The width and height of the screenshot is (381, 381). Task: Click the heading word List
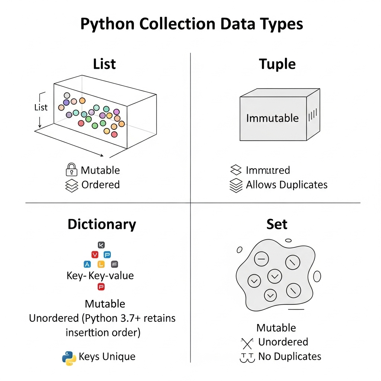(x=105, y=64)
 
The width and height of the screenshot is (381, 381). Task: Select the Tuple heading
(x=277, y=64)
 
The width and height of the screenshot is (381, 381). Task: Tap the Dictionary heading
(x=102, y=224)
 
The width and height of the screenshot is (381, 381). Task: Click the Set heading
(x=277, y=224)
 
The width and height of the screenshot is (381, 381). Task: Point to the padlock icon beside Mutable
(x=71, y=170)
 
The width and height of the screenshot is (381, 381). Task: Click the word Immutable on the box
(x=272, y=118)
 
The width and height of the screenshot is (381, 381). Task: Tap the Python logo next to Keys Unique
(x=69, y=358)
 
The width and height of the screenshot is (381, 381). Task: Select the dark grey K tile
(x=101, y=245)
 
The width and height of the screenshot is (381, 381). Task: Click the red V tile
(x=95, y=255)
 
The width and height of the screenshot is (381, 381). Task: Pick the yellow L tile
(x=101, y=265)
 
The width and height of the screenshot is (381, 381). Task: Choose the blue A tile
(x=87, y=265)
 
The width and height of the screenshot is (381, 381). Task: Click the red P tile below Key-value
(x=101, y=286)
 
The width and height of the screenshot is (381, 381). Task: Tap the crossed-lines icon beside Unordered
(x=247, y=343)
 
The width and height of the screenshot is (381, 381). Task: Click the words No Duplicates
(x=289, y=356)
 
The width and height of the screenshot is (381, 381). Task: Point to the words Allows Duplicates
(x=286, y=185)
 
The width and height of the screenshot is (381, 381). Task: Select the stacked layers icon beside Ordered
(x=71, y=185)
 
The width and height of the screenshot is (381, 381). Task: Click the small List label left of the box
(x=41, y=108)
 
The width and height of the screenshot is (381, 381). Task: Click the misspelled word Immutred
(x=268, y=170)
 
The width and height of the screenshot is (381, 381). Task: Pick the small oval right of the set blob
(x=317, y=276)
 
